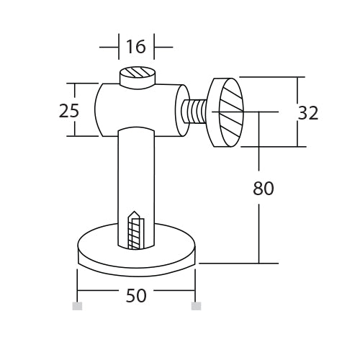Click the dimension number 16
[x=135, y=47]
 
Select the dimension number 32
[x=307, y=112]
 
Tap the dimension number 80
[x=264, y=189]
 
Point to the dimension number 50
[x=135, y=296]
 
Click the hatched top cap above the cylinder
[x=136, y=76]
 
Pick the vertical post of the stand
[x=135, y=180]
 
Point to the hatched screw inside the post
[x=135, y=234]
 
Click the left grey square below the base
[x=77, y=306]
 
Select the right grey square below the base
[x=195, y=306]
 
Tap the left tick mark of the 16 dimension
[x=118, y=48]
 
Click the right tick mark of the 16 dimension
[x=153, y=48]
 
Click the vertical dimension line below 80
[x=258, y=230]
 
